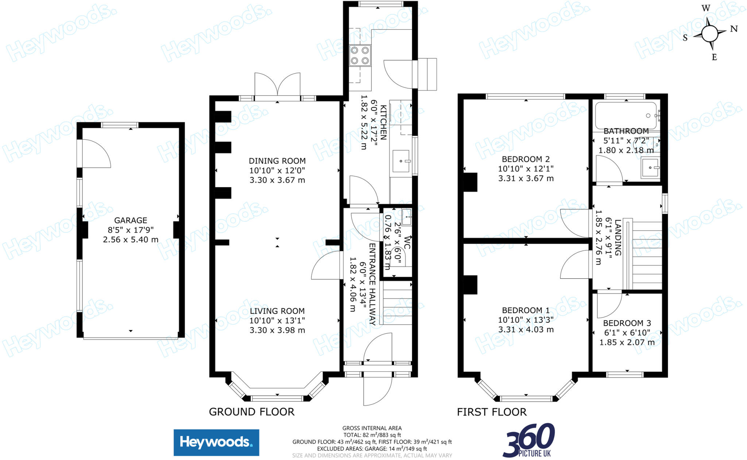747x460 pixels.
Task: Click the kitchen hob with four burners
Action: pyautogui.click(x=360, y=55)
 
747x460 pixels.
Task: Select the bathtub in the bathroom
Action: pyautogui.click(x=626, y=116)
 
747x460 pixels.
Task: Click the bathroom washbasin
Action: pyautogui.click(x=650, y=167)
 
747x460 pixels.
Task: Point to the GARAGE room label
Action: pyautogui.click(x=131, y=220)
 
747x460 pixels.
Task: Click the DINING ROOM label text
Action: pyautogui.click(x=277, y=161)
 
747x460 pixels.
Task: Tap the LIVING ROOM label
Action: pyautogui.click(x=277, y=311)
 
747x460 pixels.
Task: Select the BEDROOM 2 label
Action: pyautogui.click(x=526, y=159)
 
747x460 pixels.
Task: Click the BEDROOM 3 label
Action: pyautogui.click(x=627, y=323)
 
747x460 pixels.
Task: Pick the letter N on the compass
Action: pyautogui.click(x=734, y=29)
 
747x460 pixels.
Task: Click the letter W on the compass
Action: pyautogui.click(x=706, y=8)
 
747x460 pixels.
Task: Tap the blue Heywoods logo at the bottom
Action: pyautogui.click(x=216, y=442)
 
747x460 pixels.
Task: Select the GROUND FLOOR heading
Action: pyautogui.click(x=251, y=412)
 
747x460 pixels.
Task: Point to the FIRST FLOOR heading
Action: pyautogui.click(x=492, y=412)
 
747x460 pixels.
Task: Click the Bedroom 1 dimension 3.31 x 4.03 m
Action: pyautogui.click(x=526, y=330)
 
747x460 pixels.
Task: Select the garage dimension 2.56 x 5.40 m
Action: pyautogui.click(x=131, y=240)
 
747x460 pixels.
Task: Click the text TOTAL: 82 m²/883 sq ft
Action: pyautogui.click(x=372, y=435)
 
